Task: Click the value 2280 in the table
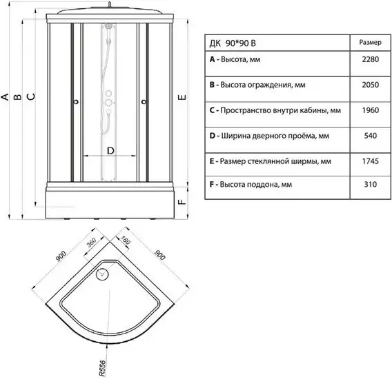click(370, 59)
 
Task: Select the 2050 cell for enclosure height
click(370, 85)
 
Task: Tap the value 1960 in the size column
click(370, 110)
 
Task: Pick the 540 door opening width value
click(370, 136)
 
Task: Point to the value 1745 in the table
click(370, 161)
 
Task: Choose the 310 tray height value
click(370, 185)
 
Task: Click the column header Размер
click(370, 43)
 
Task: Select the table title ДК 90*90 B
click(233, 43)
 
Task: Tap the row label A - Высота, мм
click(235, 60)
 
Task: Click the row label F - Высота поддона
click(251, 185)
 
